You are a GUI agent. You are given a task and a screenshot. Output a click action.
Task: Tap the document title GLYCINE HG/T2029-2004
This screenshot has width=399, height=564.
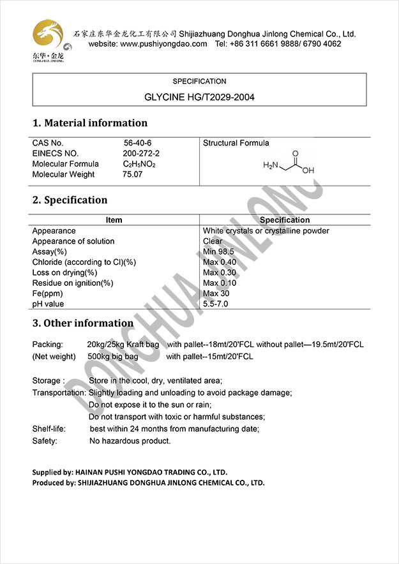[x=199, y=98]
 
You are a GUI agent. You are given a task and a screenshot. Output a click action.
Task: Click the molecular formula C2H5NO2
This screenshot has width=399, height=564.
[x=139, y=164]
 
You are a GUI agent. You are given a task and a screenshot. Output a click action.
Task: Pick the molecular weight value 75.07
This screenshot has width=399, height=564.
[x=133, y=174]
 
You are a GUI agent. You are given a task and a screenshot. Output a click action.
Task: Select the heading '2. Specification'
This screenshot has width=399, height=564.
[x=70, y=200]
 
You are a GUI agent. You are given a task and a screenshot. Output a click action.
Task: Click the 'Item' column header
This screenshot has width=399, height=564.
[x=114, y=220]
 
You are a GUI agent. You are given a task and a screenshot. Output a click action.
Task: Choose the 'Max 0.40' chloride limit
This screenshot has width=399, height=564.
[x=220, y=262]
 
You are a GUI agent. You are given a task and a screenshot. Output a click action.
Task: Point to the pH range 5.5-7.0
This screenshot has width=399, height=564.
[x=215, y=304]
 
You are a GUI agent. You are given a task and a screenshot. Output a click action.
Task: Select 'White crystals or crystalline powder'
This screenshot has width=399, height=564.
[x=266, y=231]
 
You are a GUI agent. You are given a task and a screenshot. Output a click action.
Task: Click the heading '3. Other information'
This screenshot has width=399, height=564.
[x=83, y=323]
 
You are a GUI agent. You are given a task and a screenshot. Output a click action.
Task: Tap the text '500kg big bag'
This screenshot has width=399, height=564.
[x=112, y=356]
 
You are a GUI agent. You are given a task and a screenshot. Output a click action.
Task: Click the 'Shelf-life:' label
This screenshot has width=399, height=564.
[x=49, y=429]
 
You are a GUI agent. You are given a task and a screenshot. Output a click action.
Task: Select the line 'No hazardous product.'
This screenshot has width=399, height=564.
[x=130, y=441]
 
